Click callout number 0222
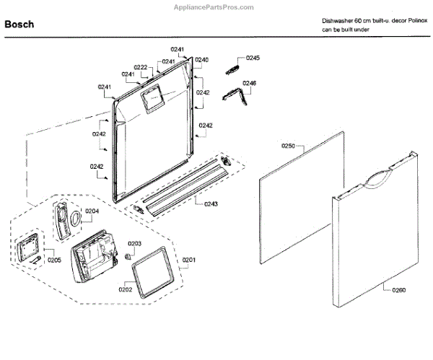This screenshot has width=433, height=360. [140, 67]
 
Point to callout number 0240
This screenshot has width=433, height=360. [202, 59]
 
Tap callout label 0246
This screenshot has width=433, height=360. [249, 84]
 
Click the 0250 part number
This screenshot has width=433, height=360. [288, 146]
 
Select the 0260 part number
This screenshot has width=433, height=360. [399, 291]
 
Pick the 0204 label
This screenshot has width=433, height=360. [92, 211]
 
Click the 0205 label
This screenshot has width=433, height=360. [55, 260]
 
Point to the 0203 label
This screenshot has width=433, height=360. [135, 243]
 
